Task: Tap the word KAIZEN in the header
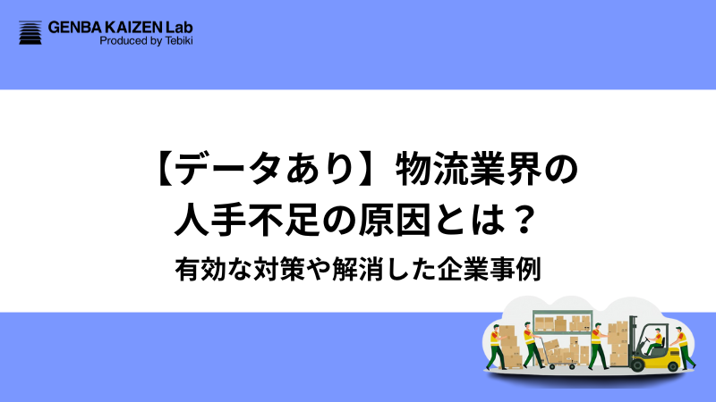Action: [x=145, y=27]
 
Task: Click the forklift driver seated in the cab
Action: [x=658, y=339]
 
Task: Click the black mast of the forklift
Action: [x=635, y=335]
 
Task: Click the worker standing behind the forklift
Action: [x=683, y=347]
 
